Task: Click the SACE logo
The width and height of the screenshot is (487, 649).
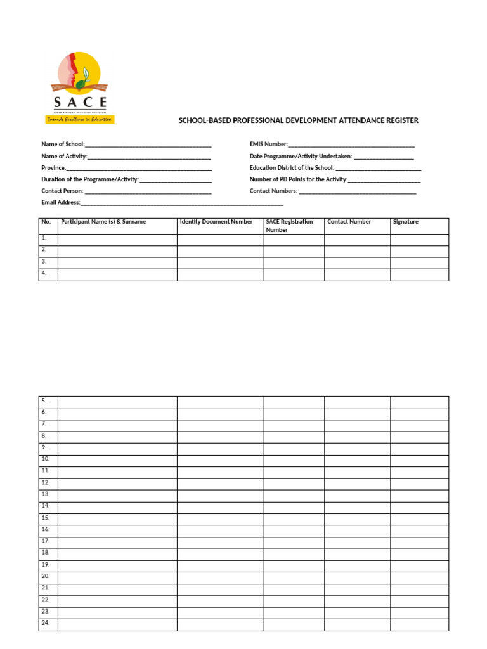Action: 80,86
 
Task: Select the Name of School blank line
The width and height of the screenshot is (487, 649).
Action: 148,145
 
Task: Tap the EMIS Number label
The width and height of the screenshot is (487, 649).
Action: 268,145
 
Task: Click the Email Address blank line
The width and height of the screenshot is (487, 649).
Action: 181,203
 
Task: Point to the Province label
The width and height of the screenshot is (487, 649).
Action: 54,168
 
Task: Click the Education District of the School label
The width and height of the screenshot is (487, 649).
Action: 291,168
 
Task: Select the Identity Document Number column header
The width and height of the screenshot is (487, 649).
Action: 216,222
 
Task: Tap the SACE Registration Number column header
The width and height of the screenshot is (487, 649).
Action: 289,226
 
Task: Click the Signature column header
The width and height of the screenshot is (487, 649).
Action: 406,222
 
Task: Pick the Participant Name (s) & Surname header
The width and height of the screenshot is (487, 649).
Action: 103,222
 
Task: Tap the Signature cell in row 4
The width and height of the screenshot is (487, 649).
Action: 419,274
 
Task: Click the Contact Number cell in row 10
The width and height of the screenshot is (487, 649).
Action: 357,459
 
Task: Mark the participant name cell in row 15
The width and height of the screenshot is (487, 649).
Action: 117,518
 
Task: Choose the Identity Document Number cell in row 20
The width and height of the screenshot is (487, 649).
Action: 219,577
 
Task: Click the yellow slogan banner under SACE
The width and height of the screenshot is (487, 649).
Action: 79,119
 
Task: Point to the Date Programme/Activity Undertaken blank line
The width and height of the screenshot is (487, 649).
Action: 383,157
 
